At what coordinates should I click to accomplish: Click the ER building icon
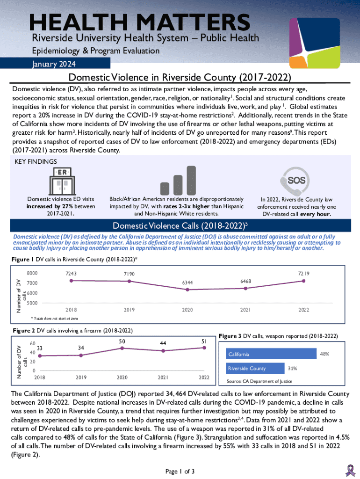tap(61, 179)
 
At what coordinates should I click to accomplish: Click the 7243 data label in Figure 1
tap(72, 274)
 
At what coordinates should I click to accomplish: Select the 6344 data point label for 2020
tap(187, 283)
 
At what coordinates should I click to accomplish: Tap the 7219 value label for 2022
tap(304, 273)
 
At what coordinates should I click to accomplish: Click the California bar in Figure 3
tap(271, 354)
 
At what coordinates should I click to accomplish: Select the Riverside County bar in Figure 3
tap(255, 368)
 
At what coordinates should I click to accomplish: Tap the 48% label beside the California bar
tap(324, 354)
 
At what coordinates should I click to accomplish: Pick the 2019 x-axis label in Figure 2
tap(81, 377)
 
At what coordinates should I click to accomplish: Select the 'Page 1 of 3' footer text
tap(180, 471)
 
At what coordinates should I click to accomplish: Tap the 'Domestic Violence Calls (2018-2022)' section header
tap(180, 226)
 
